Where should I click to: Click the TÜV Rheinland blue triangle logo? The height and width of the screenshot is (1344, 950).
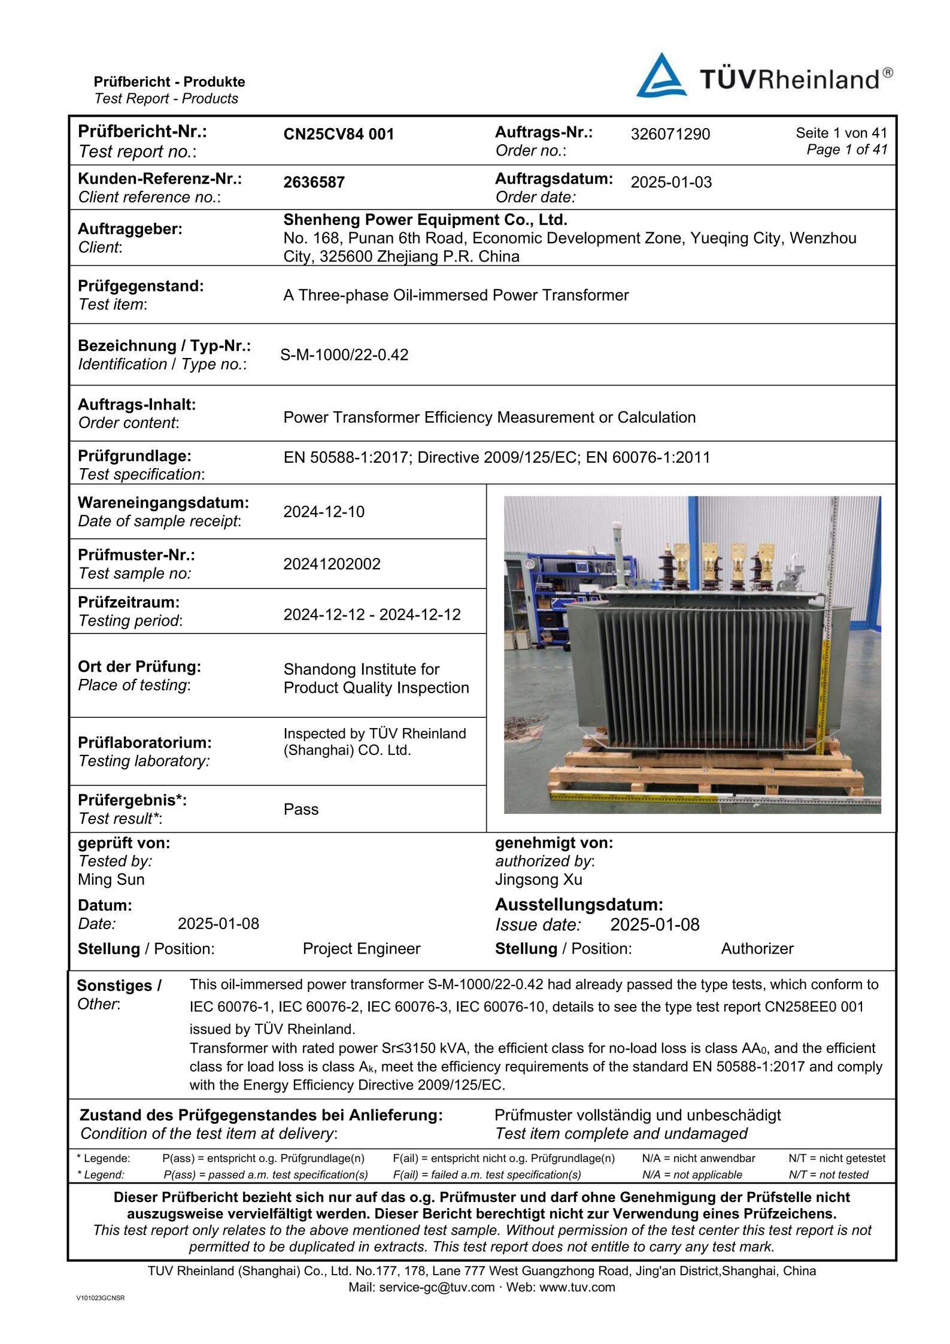(661, 77)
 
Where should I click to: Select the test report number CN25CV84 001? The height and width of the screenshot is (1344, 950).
(339, 134)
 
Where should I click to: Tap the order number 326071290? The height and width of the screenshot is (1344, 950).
(670, 134)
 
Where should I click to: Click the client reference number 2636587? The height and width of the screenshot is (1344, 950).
(314, 182)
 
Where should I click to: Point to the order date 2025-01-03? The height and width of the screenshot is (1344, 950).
(671, 182)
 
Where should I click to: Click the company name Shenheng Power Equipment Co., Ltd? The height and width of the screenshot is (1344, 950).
(425, 220)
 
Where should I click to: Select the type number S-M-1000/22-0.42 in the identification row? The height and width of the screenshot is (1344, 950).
(344, 355)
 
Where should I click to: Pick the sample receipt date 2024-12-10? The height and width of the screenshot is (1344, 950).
(324, 512)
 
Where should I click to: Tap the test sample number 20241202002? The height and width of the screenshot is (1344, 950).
(332, 564)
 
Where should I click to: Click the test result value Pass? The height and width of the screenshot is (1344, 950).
(301, 809)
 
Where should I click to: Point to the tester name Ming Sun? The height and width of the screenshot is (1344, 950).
(111, 879)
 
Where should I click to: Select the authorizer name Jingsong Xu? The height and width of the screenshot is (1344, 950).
(538, 879)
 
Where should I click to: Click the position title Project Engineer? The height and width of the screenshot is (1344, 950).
(361, 949)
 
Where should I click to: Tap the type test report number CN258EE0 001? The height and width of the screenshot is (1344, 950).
(814, 1007)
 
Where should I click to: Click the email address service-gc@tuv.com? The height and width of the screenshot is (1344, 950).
(437, 1287)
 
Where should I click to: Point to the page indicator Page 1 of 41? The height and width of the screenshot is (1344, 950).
(846, 150)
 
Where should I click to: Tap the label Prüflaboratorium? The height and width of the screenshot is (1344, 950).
(145, 742)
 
